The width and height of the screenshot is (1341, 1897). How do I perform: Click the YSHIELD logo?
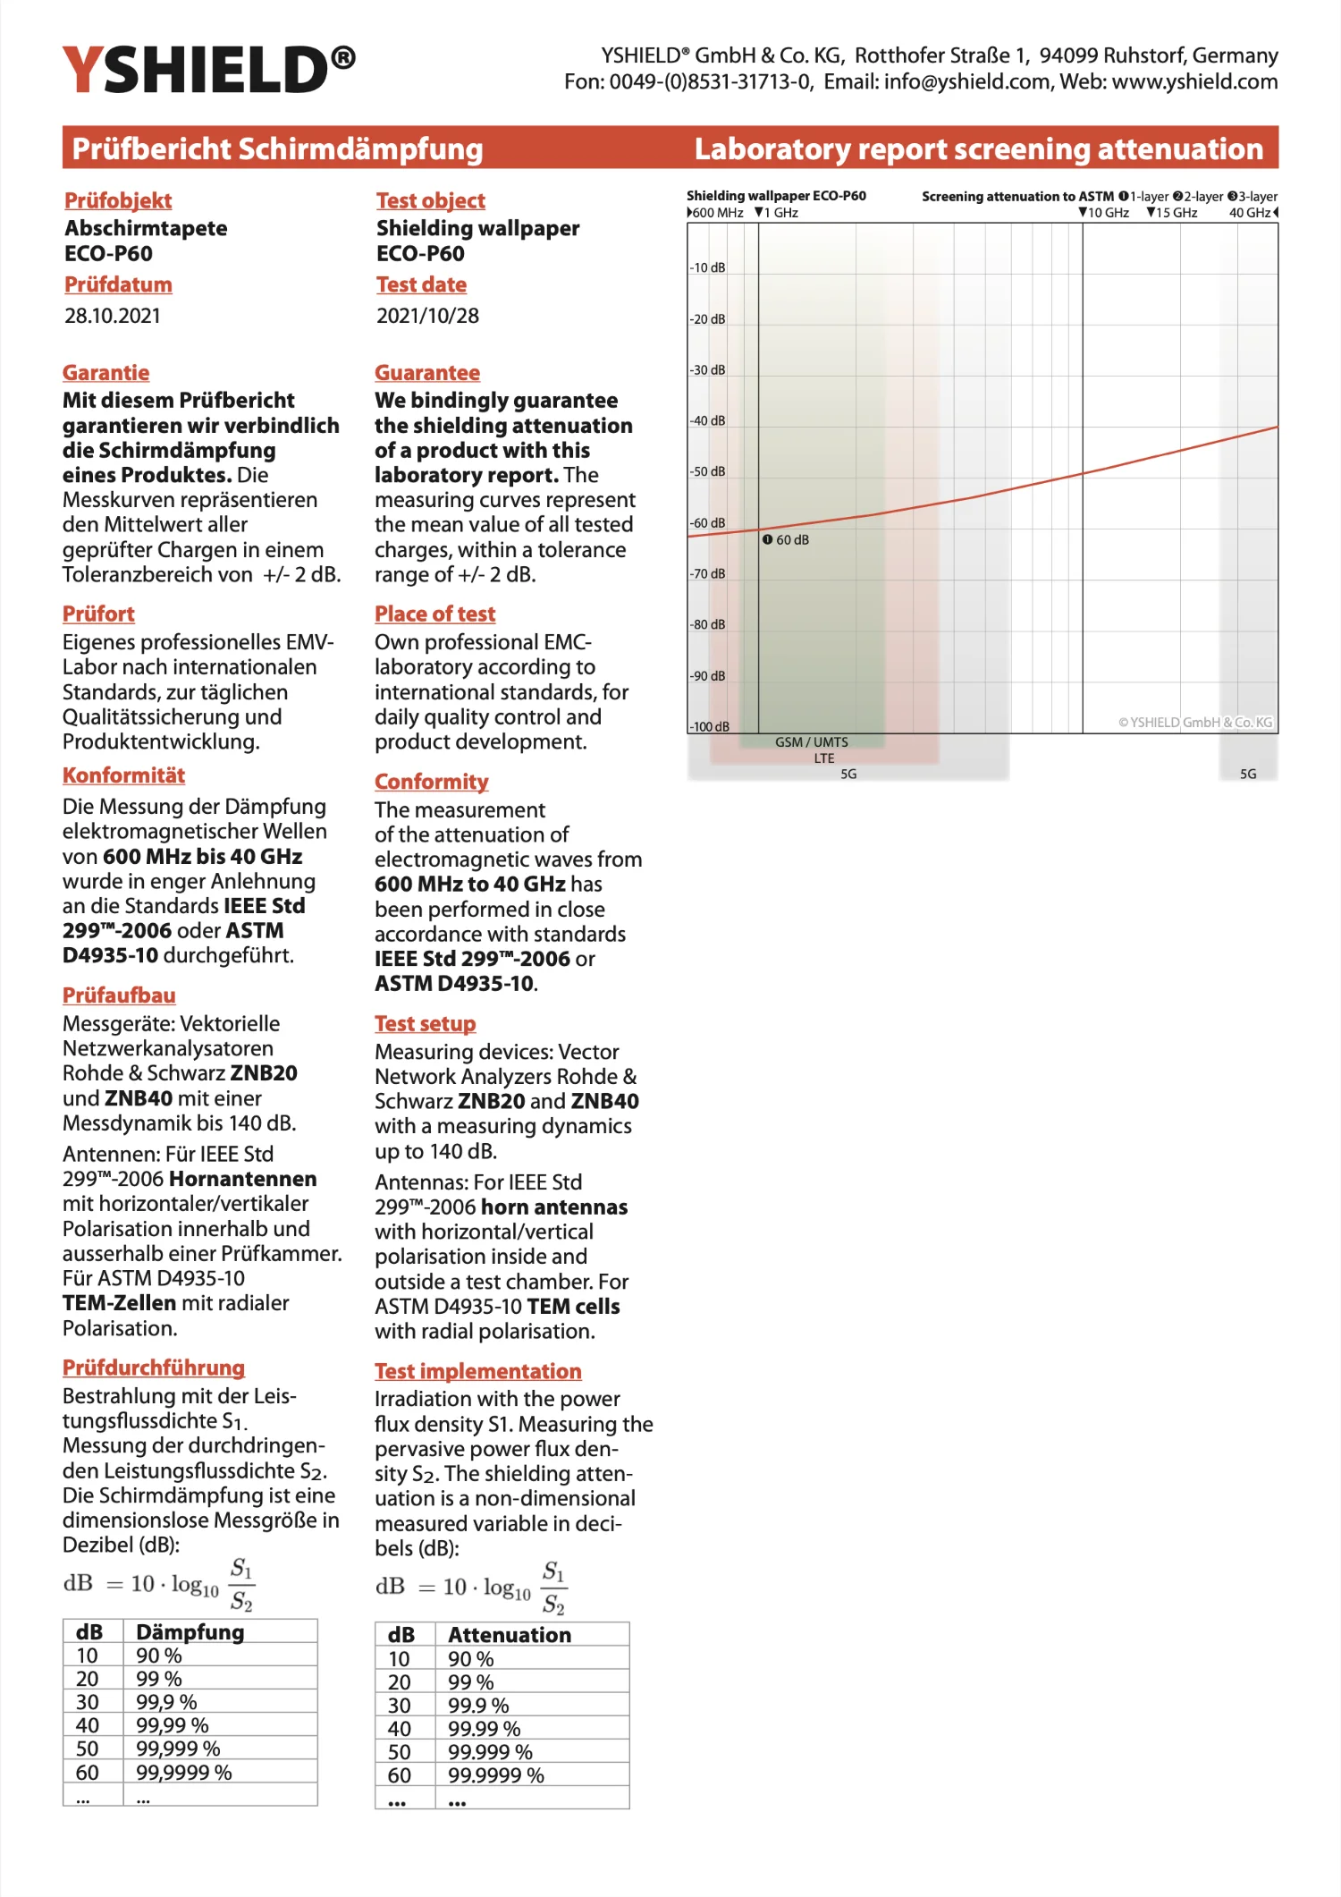(x=208, y=70)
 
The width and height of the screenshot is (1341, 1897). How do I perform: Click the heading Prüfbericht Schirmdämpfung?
(x=277, y=148)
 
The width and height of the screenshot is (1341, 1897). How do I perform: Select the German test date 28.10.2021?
(x=113, y=316)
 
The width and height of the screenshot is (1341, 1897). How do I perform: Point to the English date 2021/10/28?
(x=427, y=316)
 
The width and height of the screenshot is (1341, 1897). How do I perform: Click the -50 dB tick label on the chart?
(x=707, y=471)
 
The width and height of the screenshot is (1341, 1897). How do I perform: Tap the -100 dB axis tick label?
(x=709, y=726)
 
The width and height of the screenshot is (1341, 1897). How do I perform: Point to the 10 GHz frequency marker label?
(x=1104, y=213)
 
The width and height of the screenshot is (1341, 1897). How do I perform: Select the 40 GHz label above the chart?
(x=1250, y=213)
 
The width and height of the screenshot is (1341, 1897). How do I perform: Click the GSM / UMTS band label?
(x=812, y=742)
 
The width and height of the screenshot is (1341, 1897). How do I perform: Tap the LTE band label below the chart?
(x=824, y=758)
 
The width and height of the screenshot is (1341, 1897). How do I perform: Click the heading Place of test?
(x=434, y=614)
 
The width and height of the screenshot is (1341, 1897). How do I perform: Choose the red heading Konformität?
(x=123, y=775)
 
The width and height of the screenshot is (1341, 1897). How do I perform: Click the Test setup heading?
(x=425, y=1024)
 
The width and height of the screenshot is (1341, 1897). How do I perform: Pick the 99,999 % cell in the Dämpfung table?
(x=178, y=1749)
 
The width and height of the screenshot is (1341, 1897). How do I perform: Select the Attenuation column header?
(x=510, y=1635)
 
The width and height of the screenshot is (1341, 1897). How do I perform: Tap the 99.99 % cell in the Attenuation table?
(x=484, y=1729)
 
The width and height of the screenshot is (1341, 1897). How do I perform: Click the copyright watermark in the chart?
(x=1195, y=723)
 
